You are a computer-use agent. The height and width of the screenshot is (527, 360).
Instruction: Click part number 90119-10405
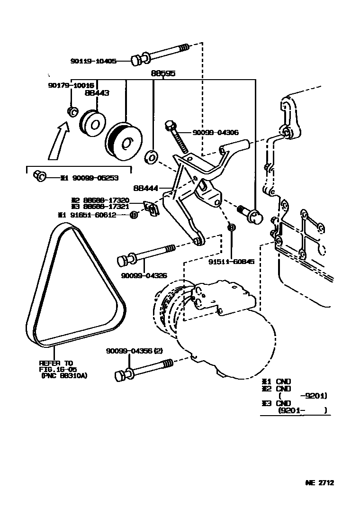click(x=93, y=61)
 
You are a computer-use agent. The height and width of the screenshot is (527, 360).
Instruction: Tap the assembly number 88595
click(x=163, y=73)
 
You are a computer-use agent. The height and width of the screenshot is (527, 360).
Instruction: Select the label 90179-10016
click(x=71, y=85)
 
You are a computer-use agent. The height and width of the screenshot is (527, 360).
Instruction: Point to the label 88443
click(x=97, y=93)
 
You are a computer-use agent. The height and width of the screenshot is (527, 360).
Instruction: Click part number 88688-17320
click(x=106, y=200)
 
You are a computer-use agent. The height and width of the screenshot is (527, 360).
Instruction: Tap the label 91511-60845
click(x=231, y=261)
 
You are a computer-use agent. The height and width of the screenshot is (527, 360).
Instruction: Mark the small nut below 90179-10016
click(x=72, y=111)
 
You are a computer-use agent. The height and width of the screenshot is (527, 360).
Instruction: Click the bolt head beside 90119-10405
click(x=137, y=59)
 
